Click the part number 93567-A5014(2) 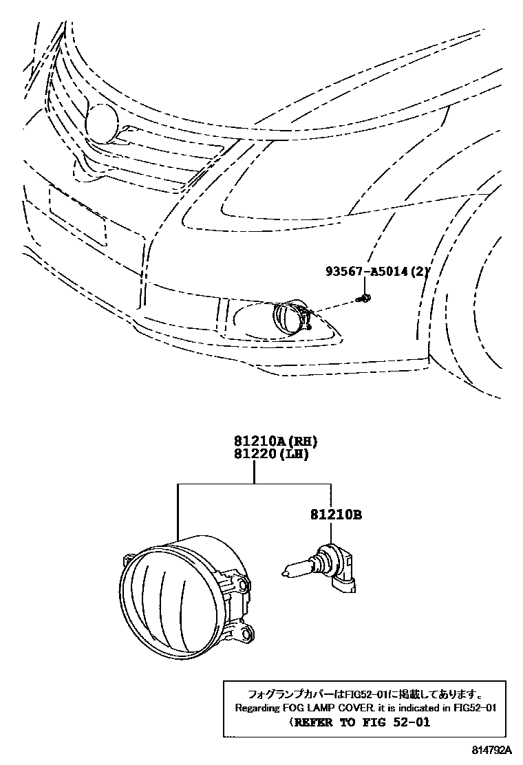tap(377, 272)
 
